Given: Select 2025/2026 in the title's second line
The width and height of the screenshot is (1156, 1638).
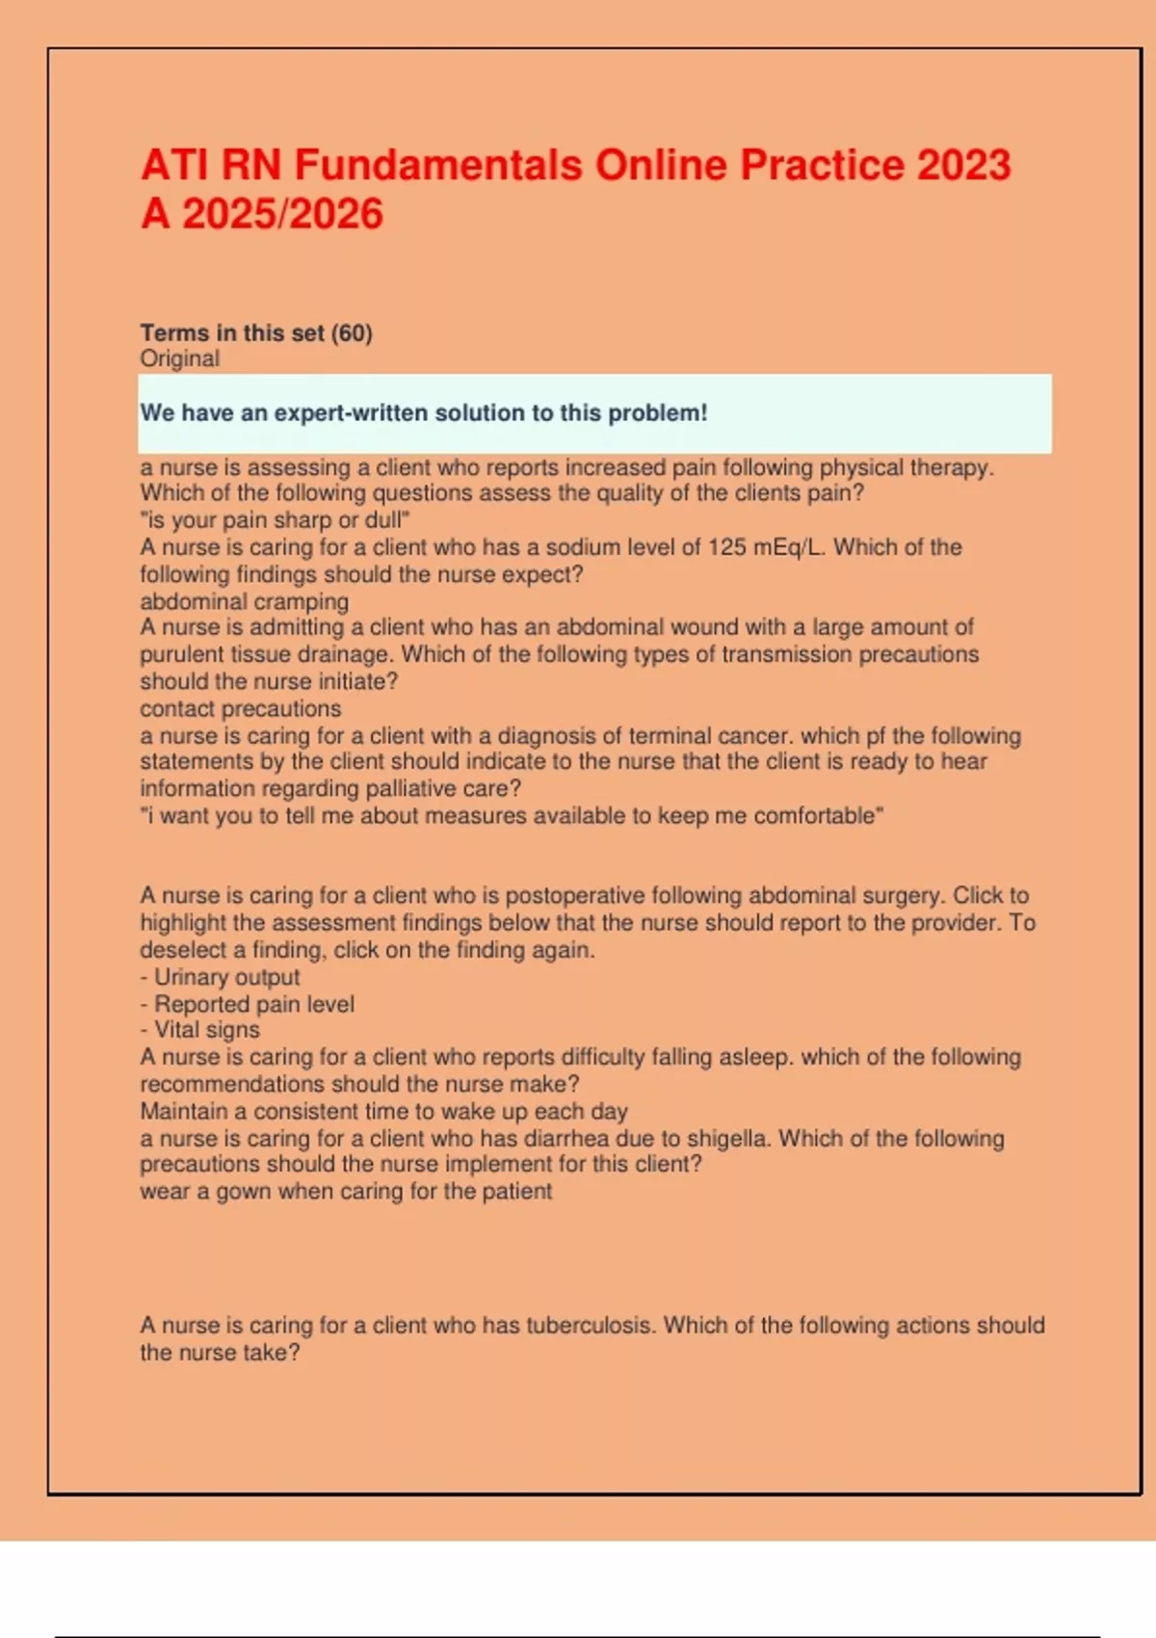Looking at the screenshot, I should [282, 214].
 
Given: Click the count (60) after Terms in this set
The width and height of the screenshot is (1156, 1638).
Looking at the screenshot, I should [352, 333].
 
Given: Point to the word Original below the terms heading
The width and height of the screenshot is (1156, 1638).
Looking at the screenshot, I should [180, 358].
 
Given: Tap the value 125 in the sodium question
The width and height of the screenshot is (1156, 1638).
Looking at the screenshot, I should [726, 547].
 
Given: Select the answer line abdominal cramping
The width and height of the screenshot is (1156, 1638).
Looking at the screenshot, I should [245, 601].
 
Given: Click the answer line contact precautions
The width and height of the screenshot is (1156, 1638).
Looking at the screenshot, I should [241, 709].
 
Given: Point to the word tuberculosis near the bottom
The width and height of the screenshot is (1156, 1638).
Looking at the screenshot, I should [591, 1326].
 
